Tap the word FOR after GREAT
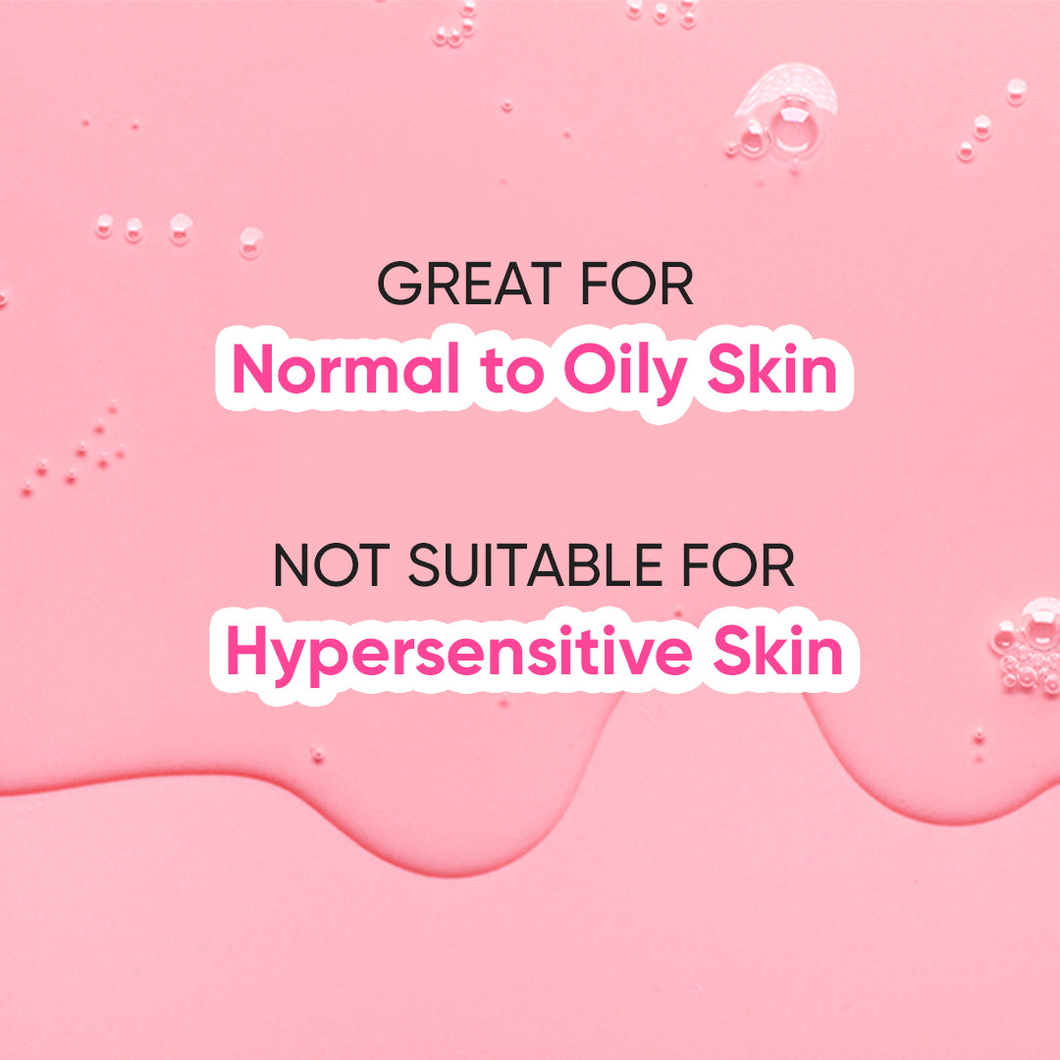coord(637,284)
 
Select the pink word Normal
coord(345,368)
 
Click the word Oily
coord(624,374)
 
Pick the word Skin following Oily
coord(772,368)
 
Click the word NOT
coord(332,565)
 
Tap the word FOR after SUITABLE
coord(737,565)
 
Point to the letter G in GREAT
coord(399,284)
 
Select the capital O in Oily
coord(589,368)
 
